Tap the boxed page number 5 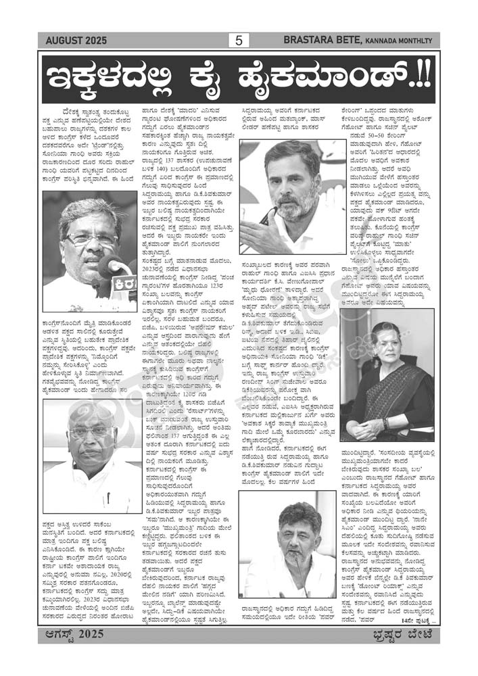click(x=239, y=41)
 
